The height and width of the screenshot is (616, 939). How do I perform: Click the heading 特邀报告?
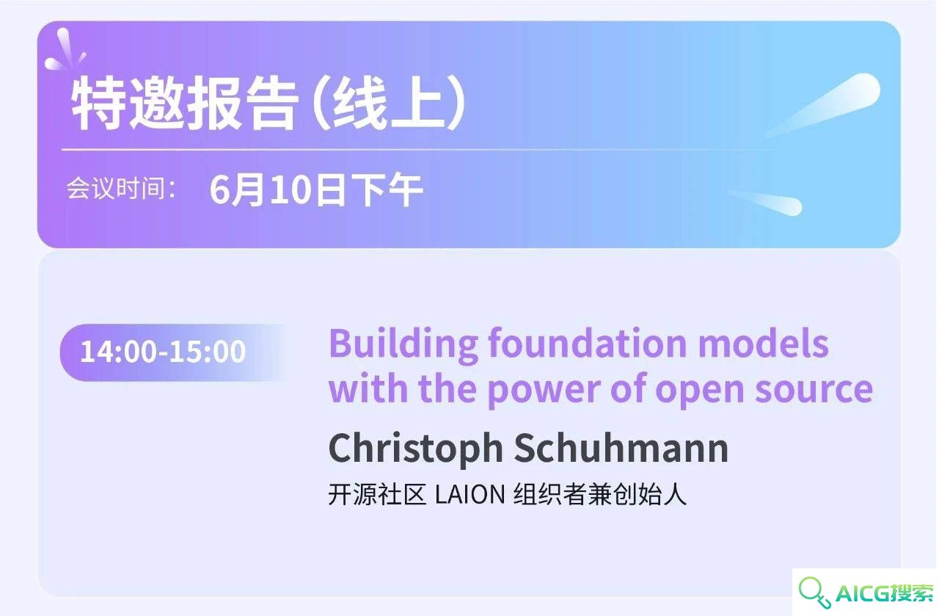point(184,104)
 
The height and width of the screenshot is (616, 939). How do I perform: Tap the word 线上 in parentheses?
point(389,104)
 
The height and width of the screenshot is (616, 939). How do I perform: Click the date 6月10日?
point(277,189)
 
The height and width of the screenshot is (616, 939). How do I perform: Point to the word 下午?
point(387,189)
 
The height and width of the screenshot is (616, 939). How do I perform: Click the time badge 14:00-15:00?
point(163,352)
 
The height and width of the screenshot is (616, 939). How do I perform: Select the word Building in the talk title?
point(403,344)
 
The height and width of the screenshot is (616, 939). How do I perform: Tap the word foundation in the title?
point(588,344)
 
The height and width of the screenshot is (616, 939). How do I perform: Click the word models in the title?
point(763,344)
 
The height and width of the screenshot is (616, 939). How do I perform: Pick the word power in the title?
point(544,391)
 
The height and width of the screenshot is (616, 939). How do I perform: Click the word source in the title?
point(814,391)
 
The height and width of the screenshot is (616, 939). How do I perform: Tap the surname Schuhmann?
point(621,447)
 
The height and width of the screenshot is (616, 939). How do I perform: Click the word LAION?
point(469,494)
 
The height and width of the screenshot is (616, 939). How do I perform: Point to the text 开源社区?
point(377,494)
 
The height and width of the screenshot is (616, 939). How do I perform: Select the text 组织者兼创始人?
point(600,494)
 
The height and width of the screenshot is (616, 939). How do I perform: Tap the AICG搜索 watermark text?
point(885,593)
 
